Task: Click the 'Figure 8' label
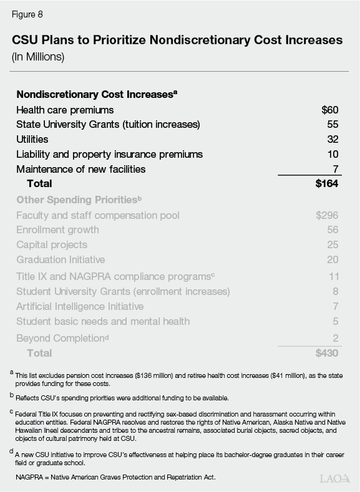[27, 14]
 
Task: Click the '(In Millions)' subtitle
[38, 57]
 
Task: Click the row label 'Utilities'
[32, 139]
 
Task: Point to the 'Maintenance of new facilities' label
[80, 169]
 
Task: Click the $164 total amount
[326, 183]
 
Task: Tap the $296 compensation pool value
[326, 215]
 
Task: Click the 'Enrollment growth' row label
[57, 229]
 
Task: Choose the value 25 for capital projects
[332, 244]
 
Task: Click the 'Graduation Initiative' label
[61, 259]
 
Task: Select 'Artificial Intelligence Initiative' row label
[80, 306]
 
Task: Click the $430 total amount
[326, 353]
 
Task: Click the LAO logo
[334, 478]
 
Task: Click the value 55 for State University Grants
[332, 124]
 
